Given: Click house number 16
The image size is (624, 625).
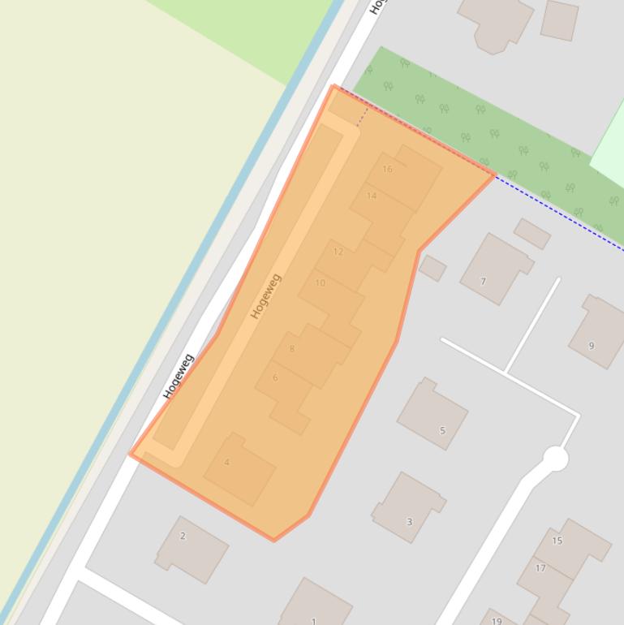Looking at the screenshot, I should pyautogui.click(x=387, y=169).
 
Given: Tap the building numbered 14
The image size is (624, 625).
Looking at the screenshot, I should pyautogui.click(x=372, y=196).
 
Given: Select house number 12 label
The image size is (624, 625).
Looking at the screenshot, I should pyautogui.click(x=338, y=252).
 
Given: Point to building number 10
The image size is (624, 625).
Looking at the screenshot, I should pyautogui.click(x=320, y=283).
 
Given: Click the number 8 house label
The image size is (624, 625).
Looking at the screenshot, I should pyautogui.click(x=292, y=349).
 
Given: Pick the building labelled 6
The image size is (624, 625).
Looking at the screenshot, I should pyautogui.click(x=275, y=377).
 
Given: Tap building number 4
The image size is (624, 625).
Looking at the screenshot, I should pyautogui.click(x=227, y=463).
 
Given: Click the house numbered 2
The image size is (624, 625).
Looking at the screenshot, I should pyautogui.click(x=183, y=536).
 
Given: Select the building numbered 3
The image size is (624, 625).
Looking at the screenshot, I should pyautogui.click(x=409, y=521).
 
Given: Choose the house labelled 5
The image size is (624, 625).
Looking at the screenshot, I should pyautogui.click(x=442, y=430).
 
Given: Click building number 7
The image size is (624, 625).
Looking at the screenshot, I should pyautogui.click(x=483, y=282).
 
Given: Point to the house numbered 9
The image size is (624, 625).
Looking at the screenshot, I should pyautogui.click(x=592, y=345).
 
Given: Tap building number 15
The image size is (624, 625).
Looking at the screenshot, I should pyautogui.click(x=557, y=540).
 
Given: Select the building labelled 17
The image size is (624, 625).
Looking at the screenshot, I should pyautogui.click(x=540, y=567).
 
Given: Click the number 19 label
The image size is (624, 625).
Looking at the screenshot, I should pyautogui.click(x=497, y=621).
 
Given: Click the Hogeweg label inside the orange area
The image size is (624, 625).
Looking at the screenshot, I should pyautogui.click(x=266, y=296).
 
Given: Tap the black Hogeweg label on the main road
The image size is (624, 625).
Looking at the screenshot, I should pyautogui.click(x=179, y=377).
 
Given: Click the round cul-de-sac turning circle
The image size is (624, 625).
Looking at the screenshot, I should pyautogui.click(x=555, y=459).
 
